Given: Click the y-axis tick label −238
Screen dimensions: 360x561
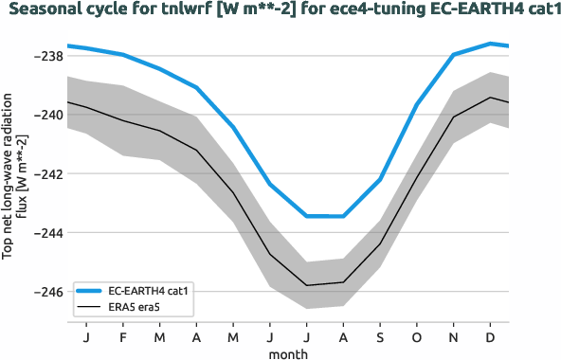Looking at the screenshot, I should (47, 56).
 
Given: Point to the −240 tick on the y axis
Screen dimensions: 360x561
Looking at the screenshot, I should (47, 115).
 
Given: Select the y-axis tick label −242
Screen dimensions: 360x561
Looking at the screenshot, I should (47, 173).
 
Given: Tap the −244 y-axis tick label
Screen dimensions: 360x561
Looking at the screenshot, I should (47, 232).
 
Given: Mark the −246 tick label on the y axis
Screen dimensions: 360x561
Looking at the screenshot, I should (47, 291).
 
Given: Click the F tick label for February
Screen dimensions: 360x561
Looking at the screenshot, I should (123, 337).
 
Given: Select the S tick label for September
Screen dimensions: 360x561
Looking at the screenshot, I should (380, 337).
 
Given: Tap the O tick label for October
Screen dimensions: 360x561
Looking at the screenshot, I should (417, 337).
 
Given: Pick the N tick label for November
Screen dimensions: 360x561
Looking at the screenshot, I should (454, 337).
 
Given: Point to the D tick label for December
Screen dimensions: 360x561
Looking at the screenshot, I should (490, 337).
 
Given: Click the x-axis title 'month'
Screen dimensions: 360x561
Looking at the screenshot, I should (288, 352).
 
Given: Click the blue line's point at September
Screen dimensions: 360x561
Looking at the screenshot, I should (380, 179).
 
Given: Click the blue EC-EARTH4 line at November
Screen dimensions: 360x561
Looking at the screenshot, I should (454, 55).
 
